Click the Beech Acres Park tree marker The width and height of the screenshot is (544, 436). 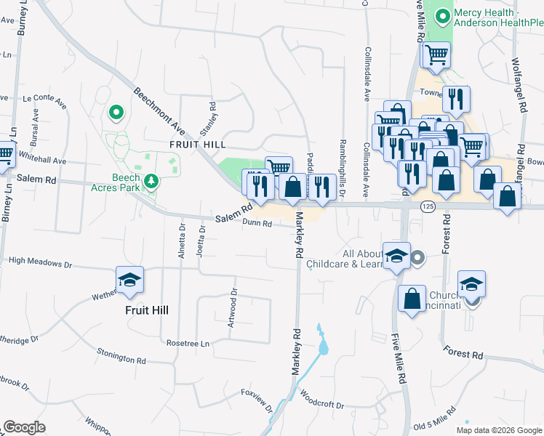(x=151, y=181)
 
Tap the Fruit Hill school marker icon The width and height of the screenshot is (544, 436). (x=129, y=280)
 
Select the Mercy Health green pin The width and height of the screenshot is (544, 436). (x=441, y=15)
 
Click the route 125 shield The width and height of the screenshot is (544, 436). (x=428, y=207)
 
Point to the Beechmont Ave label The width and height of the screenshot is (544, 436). (x=159, y=110)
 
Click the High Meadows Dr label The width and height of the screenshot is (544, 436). (x=40, y=259)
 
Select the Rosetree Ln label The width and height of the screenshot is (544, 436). (x=188, y=343)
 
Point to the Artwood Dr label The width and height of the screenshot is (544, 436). (x=233, y=310)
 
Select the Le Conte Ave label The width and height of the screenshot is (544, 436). (x=45, y=100)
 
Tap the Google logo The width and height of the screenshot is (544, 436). (x=25, y=427)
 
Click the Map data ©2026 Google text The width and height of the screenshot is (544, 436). (x=499, y=430)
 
